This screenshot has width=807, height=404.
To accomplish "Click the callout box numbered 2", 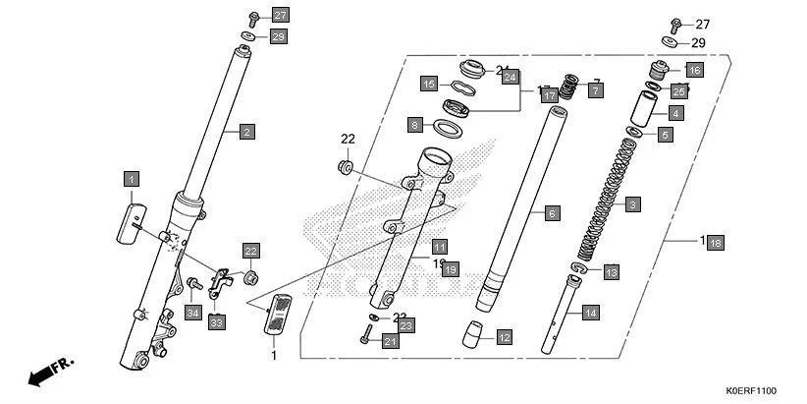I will [247, 131].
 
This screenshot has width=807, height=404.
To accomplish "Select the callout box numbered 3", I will [633, 204].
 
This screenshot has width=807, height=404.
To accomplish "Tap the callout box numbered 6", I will [551, 213].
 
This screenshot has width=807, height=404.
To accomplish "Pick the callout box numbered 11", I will [439, 246].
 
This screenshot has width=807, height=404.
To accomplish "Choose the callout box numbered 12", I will [504, 338].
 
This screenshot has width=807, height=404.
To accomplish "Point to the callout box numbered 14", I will [590, 314].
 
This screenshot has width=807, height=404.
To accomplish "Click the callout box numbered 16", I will [694, 71].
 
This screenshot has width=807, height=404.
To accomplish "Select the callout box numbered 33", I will [216, 321].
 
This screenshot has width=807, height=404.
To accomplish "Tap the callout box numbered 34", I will [192, 313].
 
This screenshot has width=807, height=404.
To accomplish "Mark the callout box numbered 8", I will [415, 125].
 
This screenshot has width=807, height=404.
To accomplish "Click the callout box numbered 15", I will [429, 85].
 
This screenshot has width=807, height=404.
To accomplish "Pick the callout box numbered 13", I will [611, 271].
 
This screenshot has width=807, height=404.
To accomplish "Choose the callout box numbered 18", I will [716, 243].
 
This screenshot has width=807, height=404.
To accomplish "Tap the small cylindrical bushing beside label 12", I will [477, 335].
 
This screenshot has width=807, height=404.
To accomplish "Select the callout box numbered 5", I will [665, 135].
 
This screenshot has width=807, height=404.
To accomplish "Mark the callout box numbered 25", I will [677, 91].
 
